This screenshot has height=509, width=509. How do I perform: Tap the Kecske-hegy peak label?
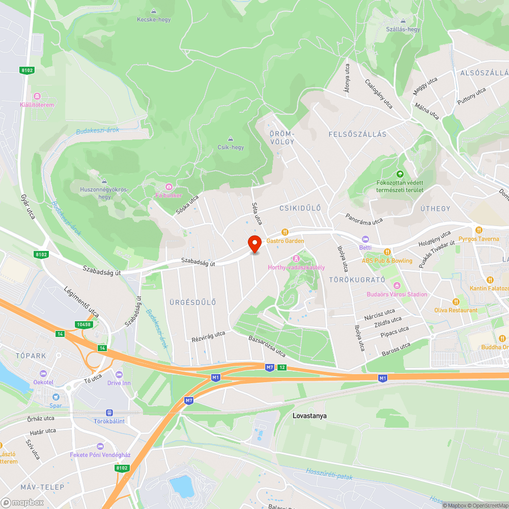154,20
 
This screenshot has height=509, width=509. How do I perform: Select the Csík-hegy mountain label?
231,147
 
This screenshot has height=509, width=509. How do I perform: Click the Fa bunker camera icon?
168,187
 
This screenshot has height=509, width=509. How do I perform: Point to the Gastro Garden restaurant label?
285,241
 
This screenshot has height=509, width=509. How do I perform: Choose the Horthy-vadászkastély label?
296,267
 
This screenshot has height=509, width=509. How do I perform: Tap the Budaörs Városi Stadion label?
397,294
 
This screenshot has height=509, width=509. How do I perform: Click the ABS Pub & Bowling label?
387,261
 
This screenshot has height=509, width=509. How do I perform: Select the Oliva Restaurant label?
456,310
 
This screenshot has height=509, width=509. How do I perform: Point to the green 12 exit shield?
281,367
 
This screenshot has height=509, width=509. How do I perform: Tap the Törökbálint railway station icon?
109,413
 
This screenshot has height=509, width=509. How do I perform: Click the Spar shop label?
55,406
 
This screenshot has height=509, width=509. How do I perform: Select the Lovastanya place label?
309,416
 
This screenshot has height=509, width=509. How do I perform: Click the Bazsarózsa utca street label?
267,346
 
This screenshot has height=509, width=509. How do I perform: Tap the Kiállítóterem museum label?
37,105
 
